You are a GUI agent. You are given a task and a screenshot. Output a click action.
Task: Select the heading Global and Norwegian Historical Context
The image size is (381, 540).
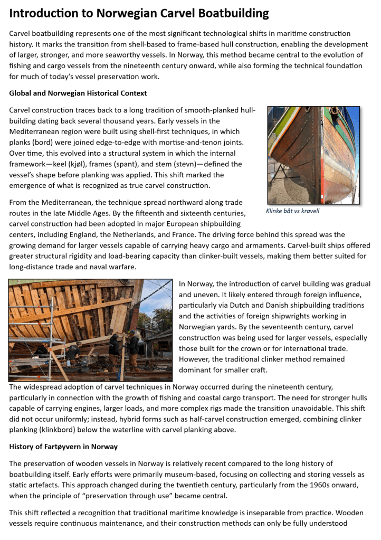(78, 93)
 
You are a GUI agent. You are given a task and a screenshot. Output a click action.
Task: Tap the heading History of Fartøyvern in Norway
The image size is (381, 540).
(63, 447)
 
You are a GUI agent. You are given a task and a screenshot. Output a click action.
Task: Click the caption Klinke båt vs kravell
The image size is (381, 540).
(293, 211)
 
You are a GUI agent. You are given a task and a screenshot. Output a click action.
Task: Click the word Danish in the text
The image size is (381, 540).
(256, 305)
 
